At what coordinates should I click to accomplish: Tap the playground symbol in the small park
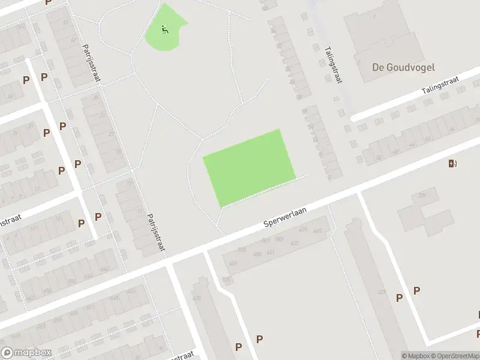166,28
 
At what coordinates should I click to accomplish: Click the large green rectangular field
249,167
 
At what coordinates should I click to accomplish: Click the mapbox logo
26,352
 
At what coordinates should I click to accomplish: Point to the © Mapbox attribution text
414,356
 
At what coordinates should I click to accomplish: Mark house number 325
422,196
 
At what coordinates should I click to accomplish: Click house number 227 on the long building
381,292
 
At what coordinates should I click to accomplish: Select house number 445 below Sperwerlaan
317,231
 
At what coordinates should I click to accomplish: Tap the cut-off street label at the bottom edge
180,356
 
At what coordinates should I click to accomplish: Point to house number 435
196,298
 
